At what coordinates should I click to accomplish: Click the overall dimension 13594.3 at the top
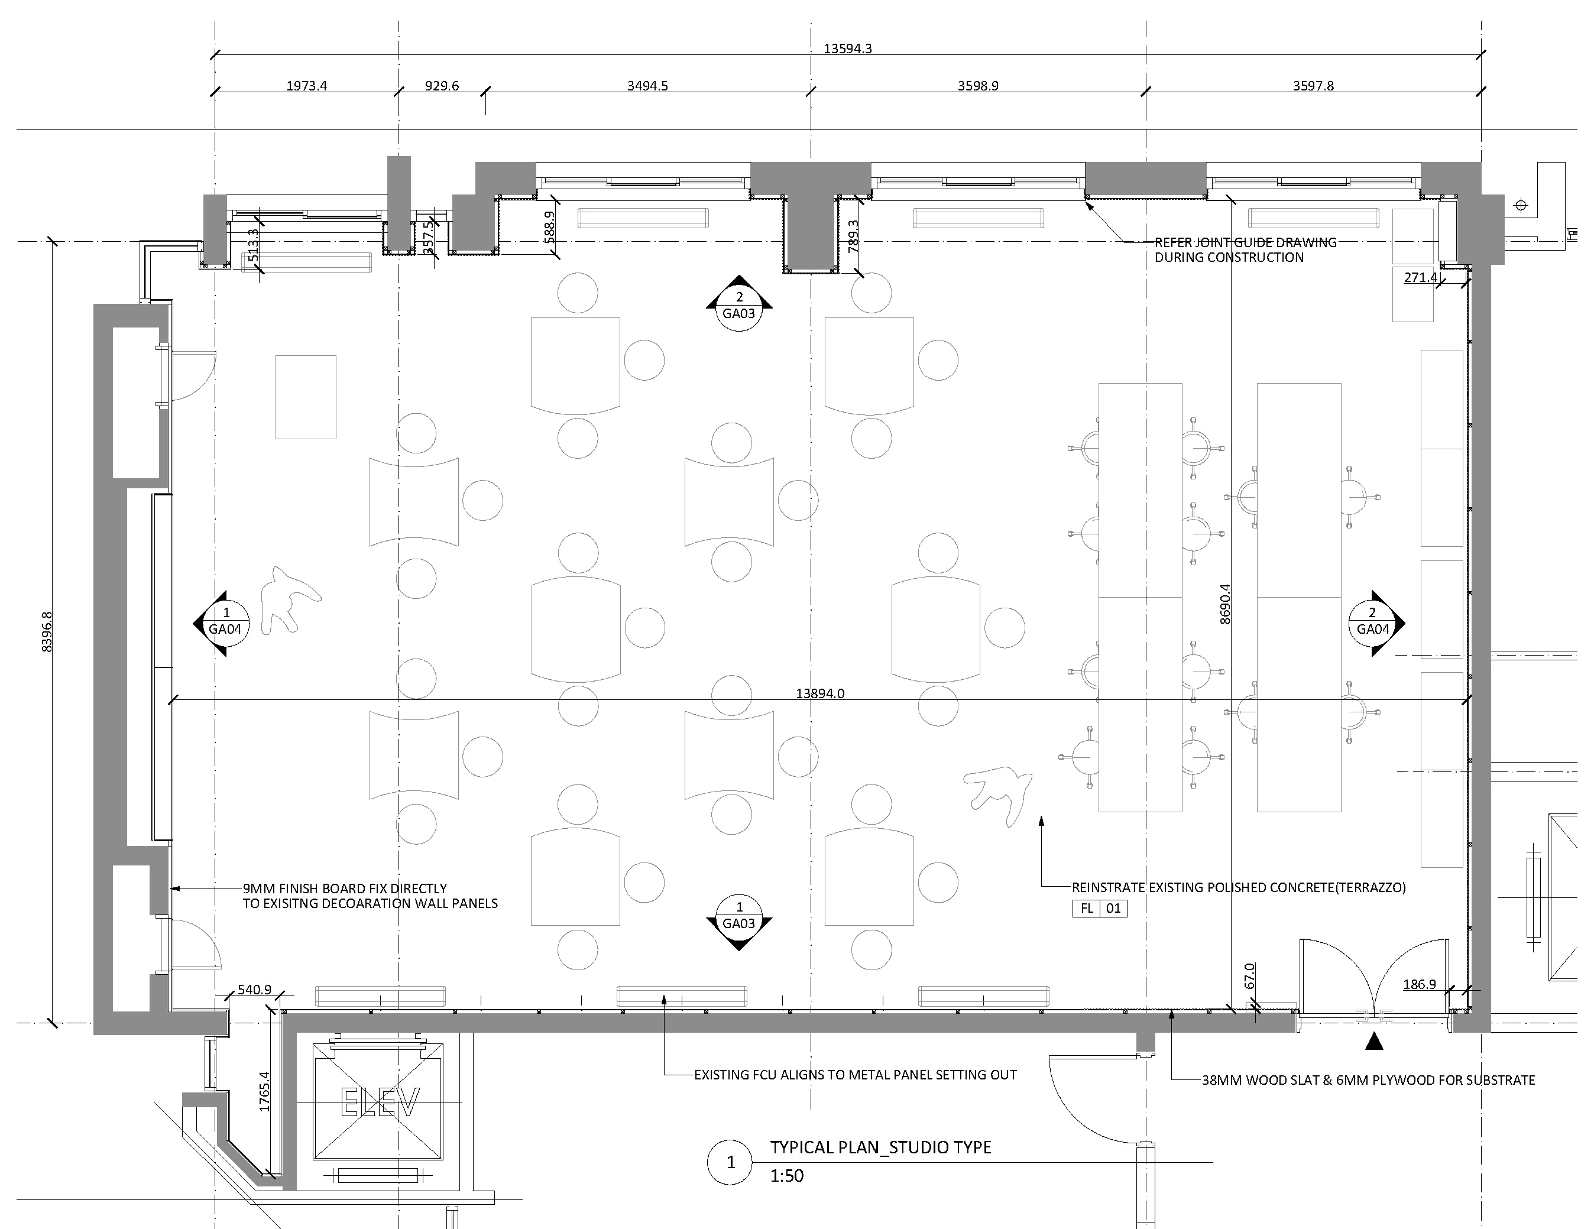[847, 49]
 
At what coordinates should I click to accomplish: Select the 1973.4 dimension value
[306, 86]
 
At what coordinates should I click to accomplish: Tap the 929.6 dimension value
[442, 86]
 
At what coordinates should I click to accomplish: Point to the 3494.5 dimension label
[647, 86]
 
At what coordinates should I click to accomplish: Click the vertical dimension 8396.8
[47, 631]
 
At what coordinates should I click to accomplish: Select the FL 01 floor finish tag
[1099, 909]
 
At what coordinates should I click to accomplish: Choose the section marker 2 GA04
[1373, 622]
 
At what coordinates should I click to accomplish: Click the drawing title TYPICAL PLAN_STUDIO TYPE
[881, 1147]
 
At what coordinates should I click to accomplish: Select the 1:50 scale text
[787, 1176]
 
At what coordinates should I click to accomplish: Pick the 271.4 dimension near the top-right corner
[1420, 277]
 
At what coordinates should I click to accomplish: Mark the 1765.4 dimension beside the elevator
[264, 1092]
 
